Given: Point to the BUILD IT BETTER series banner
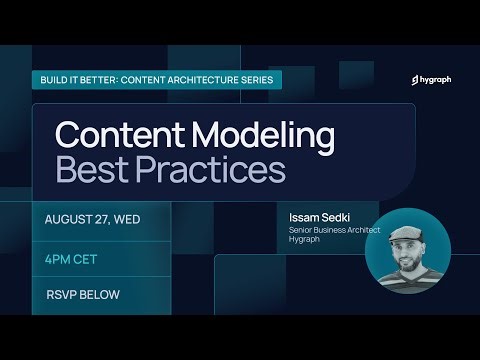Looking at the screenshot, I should [161, 79].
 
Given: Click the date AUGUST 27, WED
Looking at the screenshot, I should [96, 218].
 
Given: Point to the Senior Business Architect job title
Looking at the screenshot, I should [322, 229].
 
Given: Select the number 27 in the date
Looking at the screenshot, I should [107, 218].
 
